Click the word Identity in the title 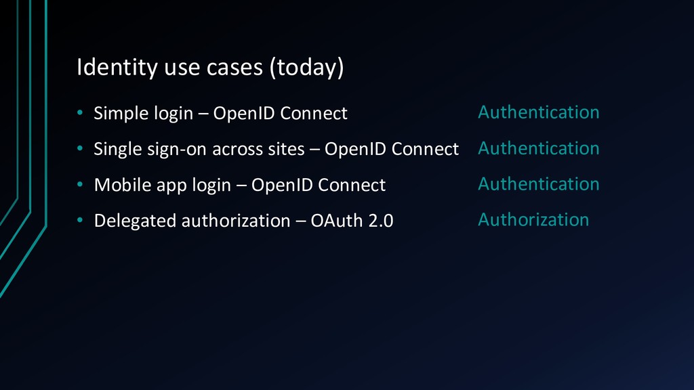[117, 68]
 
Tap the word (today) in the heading [307, 68]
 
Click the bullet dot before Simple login [80, 113]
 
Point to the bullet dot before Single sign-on [80, 148]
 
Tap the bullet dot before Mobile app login [80, 184]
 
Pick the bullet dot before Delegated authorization [80, 220]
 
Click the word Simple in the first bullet [121, 114]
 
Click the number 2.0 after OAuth [381, 221]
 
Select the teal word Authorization [533, 220]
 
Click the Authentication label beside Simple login [539, 112]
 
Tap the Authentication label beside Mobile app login [539, 184]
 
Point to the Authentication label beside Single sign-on [539, 148]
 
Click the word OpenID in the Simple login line [244, 113]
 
